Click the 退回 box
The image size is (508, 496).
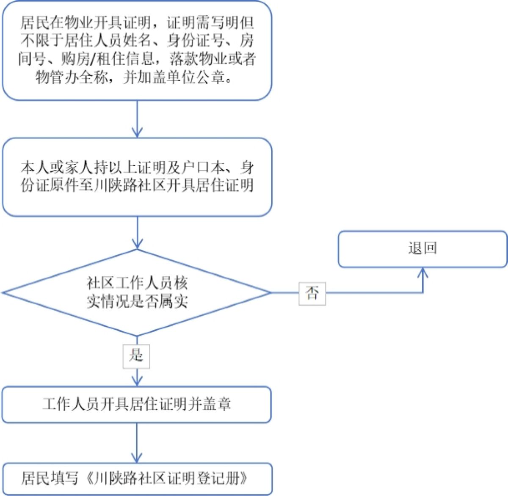422,249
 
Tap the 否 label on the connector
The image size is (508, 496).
312,293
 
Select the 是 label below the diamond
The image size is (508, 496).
136,355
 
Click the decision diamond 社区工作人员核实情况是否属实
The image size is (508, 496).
137,292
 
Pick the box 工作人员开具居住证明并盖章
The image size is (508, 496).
137,404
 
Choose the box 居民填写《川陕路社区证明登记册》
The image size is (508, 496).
137,479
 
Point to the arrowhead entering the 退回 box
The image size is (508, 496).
422,272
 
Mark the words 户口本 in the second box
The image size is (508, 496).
204,168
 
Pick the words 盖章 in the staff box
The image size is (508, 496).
217,404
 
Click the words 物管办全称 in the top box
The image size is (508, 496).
72,78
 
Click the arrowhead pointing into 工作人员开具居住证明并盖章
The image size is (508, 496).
137,381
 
